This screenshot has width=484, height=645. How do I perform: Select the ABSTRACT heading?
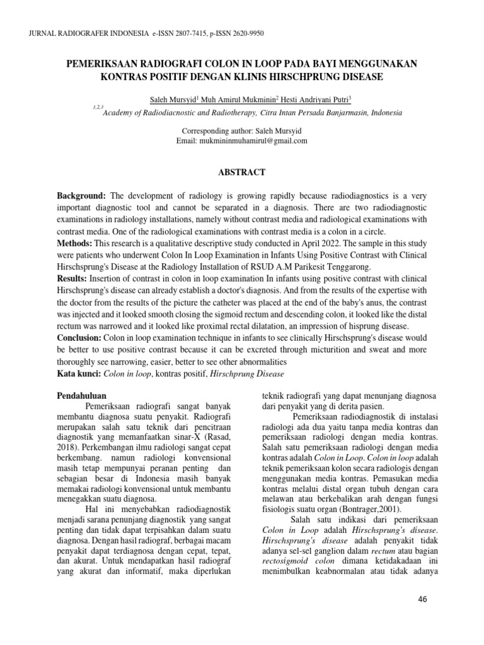242,172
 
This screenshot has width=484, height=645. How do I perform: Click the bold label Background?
81,197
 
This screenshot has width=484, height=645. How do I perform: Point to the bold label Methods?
76,243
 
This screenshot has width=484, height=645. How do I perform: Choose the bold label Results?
74,278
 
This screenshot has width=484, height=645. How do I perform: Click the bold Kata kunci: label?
79,374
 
